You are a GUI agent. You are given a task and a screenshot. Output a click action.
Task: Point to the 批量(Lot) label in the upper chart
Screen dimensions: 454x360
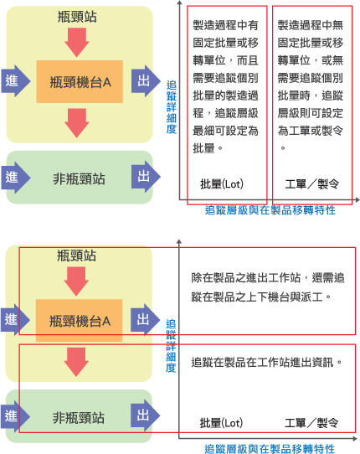(222, 183)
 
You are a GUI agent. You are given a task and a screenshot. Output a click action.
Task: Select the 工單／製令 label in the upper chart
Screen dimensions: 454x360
(311, 183)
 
